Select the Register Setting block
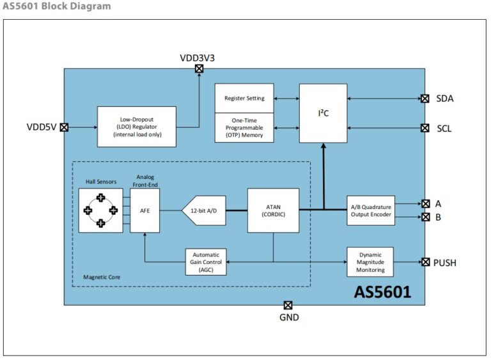point(244,98)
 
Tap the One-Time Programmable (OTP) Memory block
point(244,127)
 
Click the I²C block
point(323,113)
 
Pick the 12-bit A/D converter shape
point(204,210)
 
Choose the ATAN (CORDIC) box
point(273,210)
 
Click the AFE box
point(144,210)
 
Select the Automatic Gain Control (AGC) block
point(205,262)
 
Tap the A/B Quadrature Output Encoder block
point(370,210)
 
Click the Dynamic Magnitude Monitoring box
point(370,262)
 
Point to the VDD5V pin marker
point(64,127)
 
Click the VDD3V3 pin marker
point(199,68)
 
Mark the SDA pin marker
point(425,98)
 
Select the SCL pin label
point(444,128)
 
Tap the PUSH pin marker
point(425,262)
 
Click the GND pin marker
point(288,305)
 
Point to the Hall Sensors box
point(101,210)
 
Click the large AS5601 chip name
point(382,292)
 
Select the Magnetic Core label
point(102,277)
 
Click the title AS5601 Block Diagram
point(56,6)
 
